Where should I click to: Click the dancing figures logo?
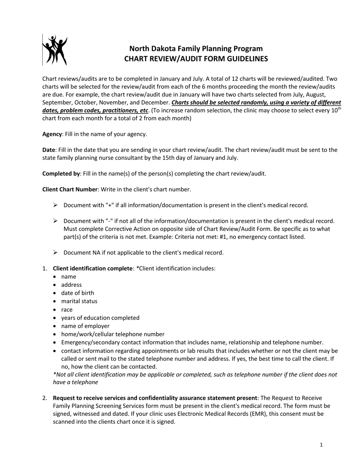click(55, 50)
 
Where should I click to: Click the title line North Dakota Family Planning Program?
click(196, 48)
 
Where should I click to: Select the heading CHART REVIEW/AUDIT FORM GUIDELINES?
click(196, 59)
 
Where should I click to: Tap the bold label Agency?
click(52, 134)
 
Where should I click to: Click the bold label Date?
click(49, 150)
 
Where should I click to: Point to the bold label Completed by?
click(61, 174)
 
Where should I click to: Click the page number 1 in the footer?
click(321, 445)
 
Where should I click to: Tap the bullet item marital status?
click(79, 301)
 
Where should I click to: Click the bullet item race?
click(67, 310)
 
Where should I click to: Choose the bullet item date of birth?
click(78, 293)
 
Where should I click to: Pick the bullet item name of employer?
click(85, 326)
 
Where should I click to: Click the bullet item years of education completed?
click(100, 318)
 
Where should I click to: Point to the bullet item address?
click(71, 285)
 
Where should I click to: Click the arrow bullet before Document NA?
click(55, 252)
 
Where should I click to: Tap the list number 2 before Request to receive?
click(45, 398)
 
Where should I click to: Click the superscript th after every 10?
click(339, 109)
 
